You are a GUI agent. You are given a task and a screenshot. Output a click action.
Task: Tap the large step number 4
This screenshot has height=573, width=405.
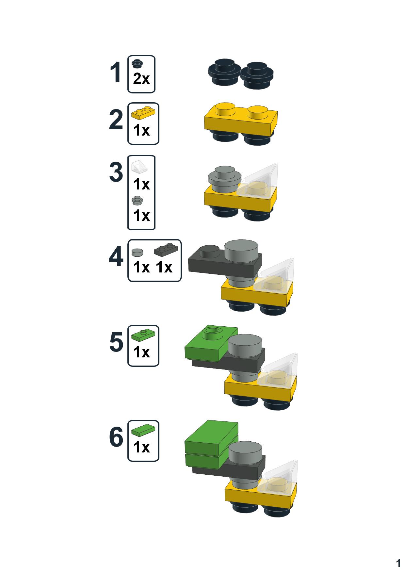coord(116,257)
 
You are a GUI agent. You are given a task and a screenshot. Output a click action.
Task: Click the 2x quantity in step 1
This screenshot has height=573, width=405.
coord(141,79)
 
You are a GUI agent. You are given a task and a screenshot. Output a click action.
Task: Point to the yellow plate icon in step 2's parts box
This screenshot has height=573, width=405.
coord(143,113)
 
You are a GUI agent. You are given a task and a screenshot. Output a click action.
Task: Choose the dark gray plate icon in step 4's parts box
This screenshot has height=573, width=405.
coord(166,249)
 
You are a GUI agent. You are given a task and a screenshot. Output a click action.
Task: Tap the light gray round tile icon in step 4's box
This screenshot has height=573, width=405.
coord(137,252)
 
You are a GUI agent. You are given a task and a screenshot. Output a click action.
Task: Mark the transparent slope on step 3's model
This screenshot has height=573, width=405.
coord(261,181)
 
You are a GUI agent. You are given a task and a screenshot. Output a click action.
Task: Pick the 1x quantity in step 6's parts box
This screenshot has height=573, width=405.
coord(141,447)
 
